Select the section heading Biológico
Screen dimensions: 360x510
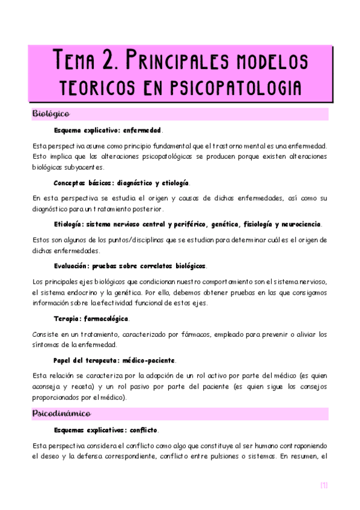coord(51,114)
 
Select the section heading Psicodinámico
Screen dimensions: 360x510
coord(61,414)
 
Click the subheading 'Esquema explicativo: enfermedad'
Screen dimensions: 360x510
coord(108,130)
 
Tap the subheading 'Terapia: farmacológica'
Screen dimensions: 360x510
coord(91,318)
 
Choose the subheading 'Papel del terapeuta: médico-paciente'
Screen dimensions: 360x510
coord(114,360)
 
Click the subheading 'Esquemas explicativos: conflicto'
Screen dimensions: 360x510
coord(106,431)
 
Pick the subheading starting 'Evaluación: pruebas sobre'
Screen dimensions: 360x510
coord(130,265)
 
